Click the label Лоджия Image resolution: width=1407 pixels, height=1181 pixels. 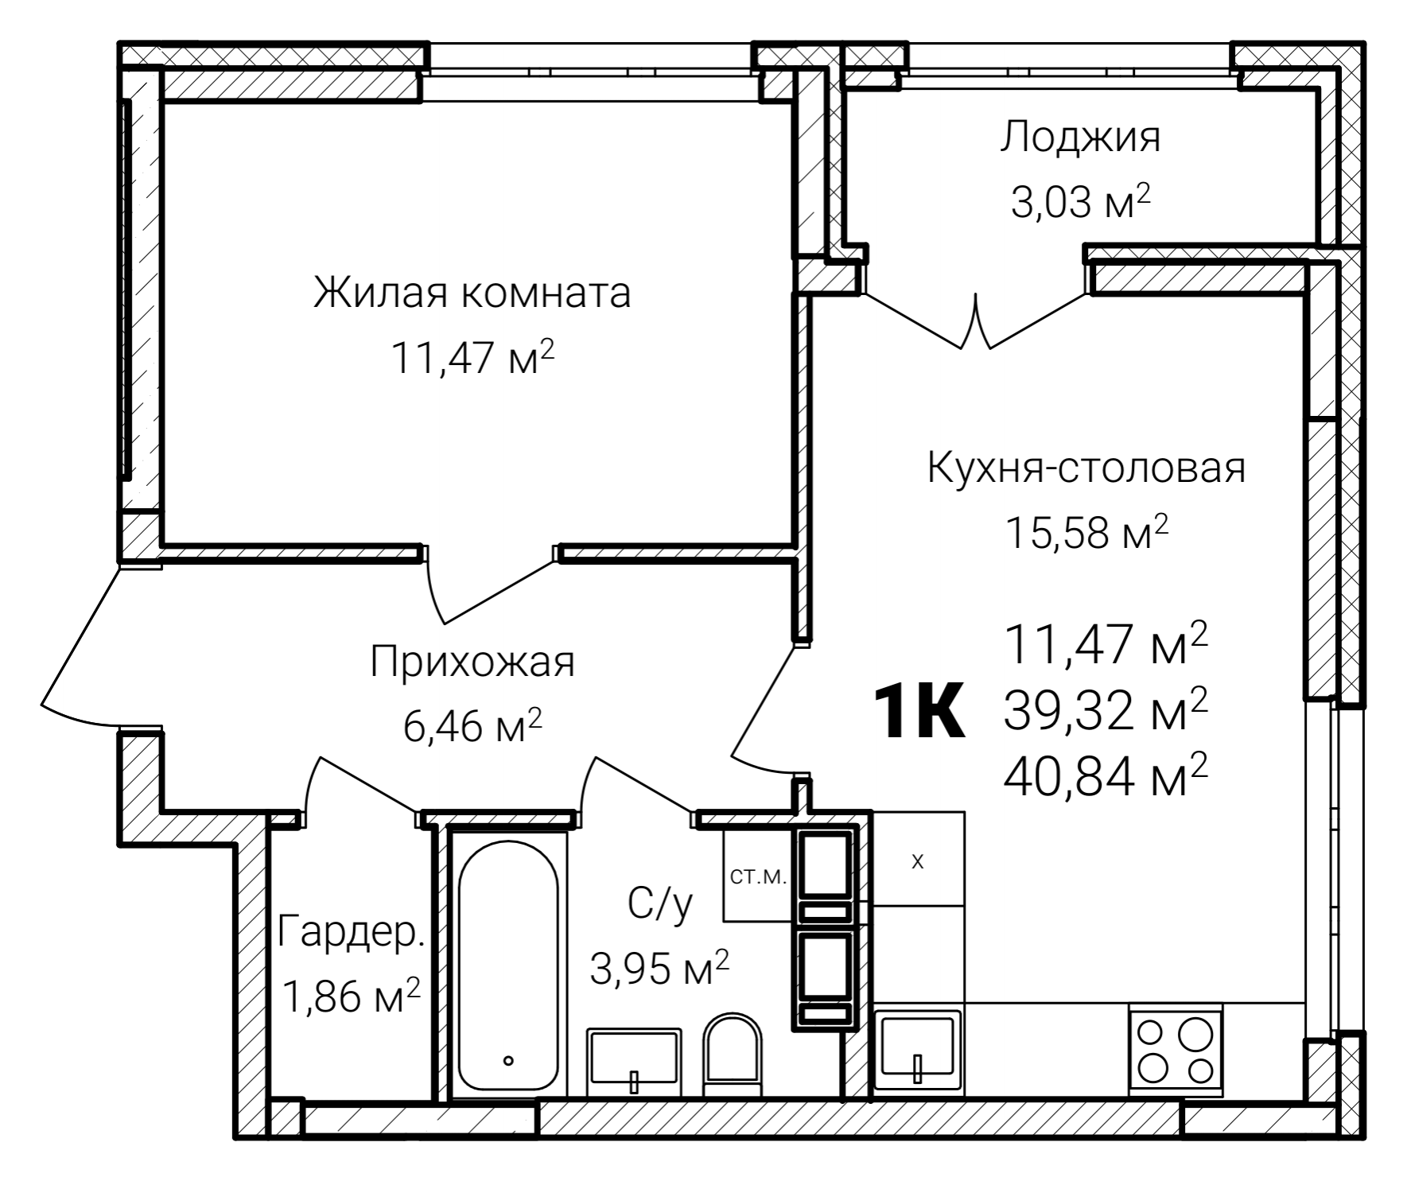click(1080, 137)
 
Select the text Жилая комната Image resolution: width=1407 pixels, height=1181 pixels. click(472, 293)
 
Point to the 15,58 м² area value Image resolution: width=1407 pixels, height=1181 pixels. click(1086, 532)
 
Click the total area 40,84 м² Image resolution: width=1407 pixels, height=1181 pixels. click(1106, 776)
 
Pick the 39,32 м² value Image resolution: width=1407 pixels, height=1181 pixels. click(1106, 709)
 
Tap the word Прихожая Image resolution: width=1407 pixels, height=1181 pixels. click(472, 662)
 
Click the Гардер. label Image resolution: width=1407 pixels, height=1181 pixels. click(352, 931)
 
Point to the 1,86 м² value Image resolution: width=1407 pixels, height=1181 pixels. click(352, 996)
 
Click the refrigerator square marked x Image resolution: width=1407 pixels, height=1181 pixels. click(918, 860)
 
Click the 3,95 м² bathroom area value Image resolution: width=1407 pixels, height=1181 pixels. click(659, 968)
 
